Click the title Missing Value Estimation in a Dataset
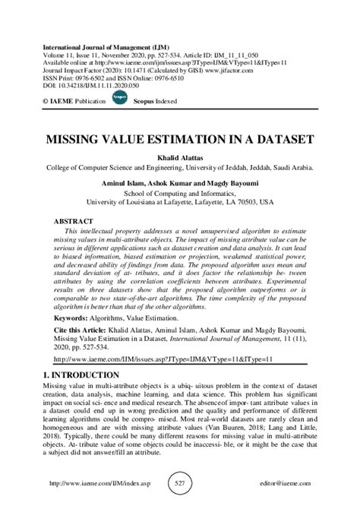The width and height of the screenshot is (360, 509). pos(180,141)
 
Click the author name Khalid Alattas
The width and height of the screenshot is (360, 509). pos(180,157)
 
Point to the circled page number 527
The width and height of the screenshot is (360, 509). pos(180,484)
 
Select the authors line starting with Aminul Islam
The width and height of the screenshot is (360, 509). pos(180,183)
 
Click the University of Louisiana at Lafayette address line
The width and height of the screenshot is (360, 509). pos(180,203)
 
